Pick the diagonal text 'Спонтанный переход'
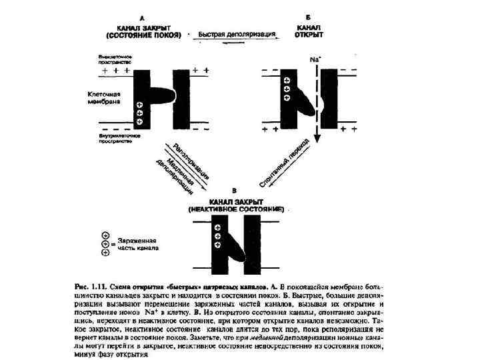tap(283, 163)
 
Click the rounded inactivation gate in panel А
tap(161, 93)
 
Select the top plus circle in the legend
tap(105, 235)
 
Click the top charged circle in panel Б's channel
tap(287, 77)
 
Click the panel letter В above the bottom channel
tap(233, 191)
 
